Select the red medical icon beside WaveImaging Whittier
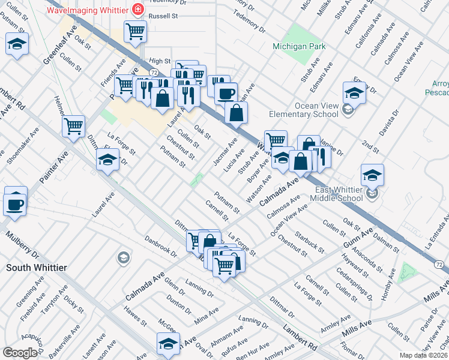pos(138,10)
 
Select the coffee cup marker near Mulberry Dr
pos(16,204)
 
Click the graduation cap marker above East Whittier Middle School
pos(372,175)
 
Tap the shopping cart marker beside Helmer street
pos(73,126)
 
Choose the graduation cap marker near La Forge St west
pos(108,159)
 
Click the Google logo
pos(20,353)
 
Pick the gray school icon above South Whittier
pos(124,258)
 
